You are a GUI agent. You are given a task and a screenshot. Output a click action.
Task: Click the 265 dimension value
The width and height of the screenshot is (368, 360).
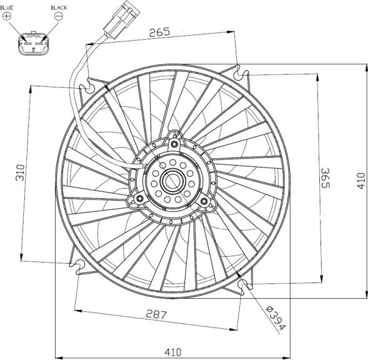coord(159,32)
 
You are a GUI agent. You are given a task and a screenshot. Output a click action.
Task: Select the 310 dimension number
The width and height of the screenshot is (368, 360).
coord(20,172)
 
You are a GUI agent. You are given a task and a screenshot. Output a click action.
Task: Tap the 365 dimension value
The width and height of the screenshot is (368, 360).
coord(326,178)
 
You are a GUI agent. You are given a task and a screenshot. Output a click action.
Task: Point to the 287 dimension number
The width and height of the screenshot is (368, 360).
coord(156,314)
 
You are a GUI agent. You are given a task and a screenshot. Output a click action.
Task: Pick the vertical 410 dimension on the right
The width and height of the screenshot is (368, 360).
coord(361,181)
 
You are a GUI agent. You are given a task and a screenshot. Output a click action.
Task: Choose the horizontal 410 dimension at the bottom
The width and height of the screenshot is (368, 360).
coord(173,352)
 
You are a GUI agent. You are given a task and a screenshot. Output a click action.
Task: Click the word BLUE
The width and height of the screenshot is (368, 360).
coord(7,7)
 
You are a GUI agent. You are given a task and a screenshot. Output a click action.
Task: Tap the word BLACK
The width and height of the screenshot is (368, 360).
coord(59,7)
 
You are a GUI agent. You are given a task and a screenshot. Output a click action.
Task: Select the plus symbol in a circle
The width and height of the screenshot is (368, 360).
coord(7,16)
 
